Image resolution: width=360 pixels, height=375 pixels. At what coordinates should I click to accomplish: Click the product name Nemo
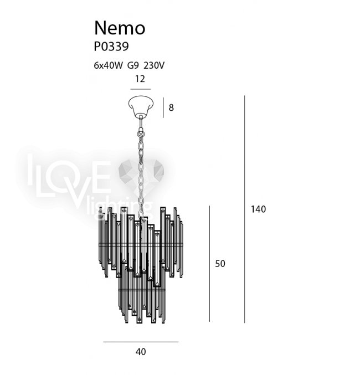tap(120, 28)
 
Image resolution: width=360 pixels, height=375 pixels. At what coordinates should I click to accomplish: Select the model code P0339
tap(111, 47)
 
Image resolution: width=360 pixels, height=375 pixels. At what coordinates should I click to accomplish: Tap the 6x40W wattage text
tap(108, 65)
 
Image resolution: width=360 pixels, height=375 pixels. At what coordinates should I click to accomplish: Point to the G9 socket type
tap(133, 65)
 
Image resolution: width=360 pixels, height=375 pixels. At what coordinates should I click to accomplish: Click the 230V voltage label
tap(154, 65)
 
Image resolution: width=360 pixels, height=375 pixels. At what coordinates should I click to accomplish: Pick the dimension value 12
tap(140, 79)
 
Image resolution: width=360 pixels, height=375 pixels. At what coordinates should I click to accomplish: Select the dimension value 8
tap(171, 107)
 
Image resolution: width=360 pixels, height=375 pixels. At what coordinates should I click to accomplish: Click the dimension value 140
tap(258, 209)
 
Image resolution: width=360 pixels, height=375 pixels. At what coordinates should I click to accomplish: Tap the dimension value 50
tap(220, 264)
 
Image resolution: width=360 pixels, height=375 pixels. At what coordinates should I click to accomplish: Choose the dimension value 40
tap(141, 352)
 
